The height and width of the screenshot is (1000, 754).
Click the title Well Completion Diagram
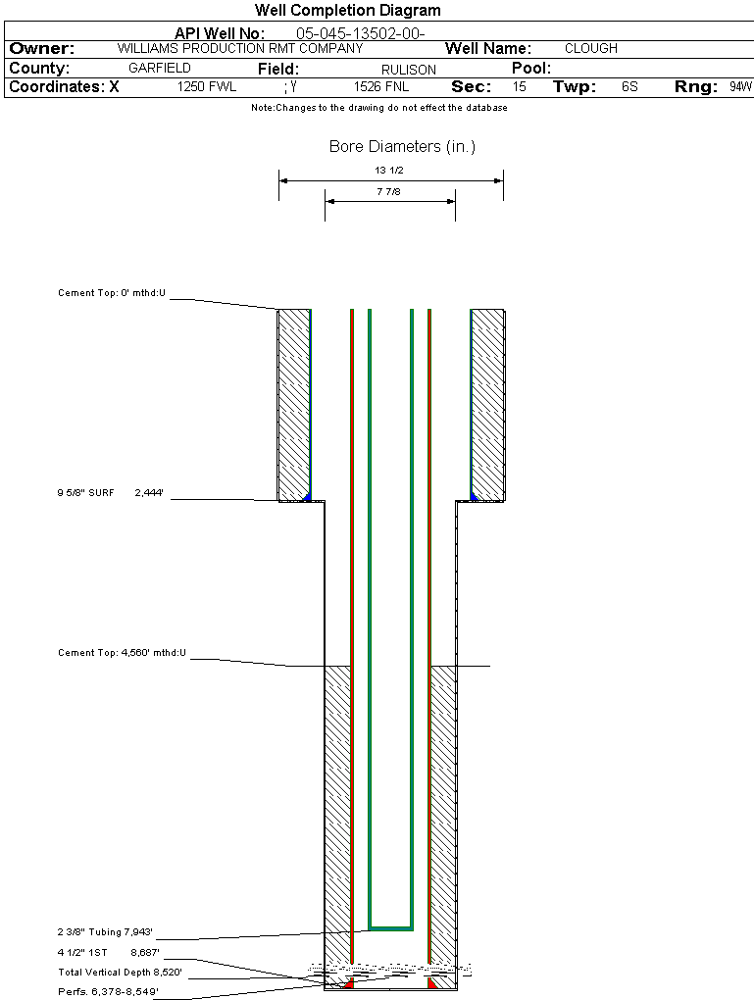(347, 11)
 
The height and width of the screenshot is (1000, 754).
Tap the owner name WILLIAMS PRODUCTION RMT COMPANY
(239, 48)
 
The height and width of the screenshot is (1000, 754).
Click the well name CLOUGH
(591, 48)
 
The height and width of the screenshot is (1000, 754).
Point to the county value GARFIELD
(160, 69)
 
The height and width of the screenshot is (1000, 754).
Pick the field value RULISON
(387, 70)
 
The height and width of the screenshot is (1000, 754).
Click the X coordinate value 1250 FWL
(207, 87)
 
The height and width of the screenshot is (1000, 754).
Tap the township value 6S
(629, 87)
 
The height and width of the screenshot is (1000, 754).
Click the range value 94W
(740, 87)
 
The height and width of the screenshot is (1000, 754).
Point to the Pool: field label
(532, 69)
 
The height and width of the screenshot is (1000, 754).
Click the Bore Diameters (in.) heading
(402, 147)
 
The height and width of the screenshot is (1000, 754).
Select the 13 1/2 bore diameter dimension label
(390, 170)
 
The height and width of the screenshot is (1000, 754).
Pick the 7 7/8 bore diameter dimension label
(390, 192)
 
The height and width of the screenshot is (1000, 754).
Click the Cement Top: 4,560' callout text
(122, 652)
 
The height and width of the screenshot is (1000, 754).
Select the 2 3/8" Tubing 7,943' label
(106, 932)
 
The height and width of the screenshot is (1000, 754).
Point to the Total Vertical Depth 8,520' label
(120, 973)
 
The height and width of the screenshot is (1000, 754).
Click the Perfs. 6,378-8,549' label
(108, 992)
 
